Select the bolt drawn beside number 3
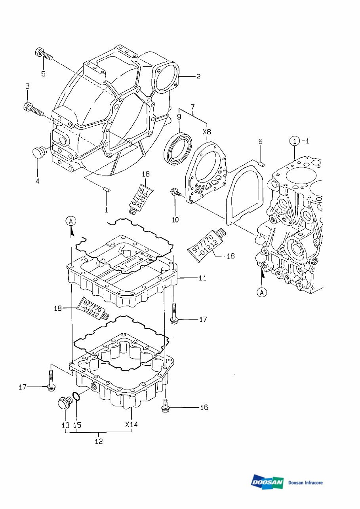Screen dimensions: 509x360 pyautogui.click(x=33, y=109)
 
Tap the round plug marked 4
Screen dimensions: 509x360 pyautogui.click(x=38, y=152)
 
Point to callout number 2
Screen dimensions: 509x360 pyautogui.click(x=198, y=77)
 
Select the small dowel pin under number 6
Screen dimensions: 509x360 pyautogui.click(x=261, y=163)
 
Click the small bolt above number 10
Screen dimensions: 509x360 pyautogui.click(x=175, y=194)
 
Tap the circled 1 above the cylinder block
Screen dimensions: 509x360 pyautogui.click(x=295, y=141)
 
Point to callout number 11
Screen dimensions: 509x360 pyautogui.click(x=202, y=278)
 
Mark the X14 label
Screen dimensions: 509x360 pyautogui.click(x=131, y=424)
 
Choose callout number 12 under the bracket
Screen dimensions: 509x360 pyautogui.click(x=99, y=441)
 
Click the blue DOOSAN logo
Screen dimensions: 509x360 pyautogui.click(x=267, y=482)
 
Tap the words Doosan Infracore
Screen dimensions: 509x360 pyautogui.click(x=305, y=482)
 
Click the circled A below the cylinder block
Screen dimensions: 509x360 pyautogui.click(x=262, y=292)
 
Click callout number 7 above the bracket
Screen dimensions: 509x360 pyautogui.click(x=193, y=106)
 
